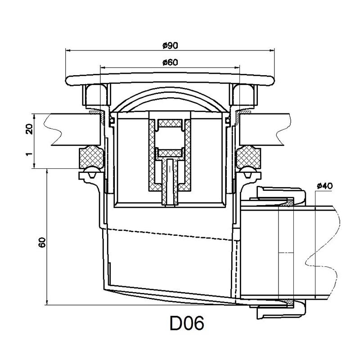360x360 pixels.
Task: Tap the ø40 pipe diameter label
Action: tap(324, 185)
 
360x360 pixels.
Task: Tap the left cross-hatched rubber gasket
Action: tap(89, 157)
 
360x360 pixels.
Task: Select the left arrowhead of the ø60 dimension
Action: tap(102, 68)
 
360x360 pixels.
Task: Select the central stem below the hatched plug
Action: tap(170, 180)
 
